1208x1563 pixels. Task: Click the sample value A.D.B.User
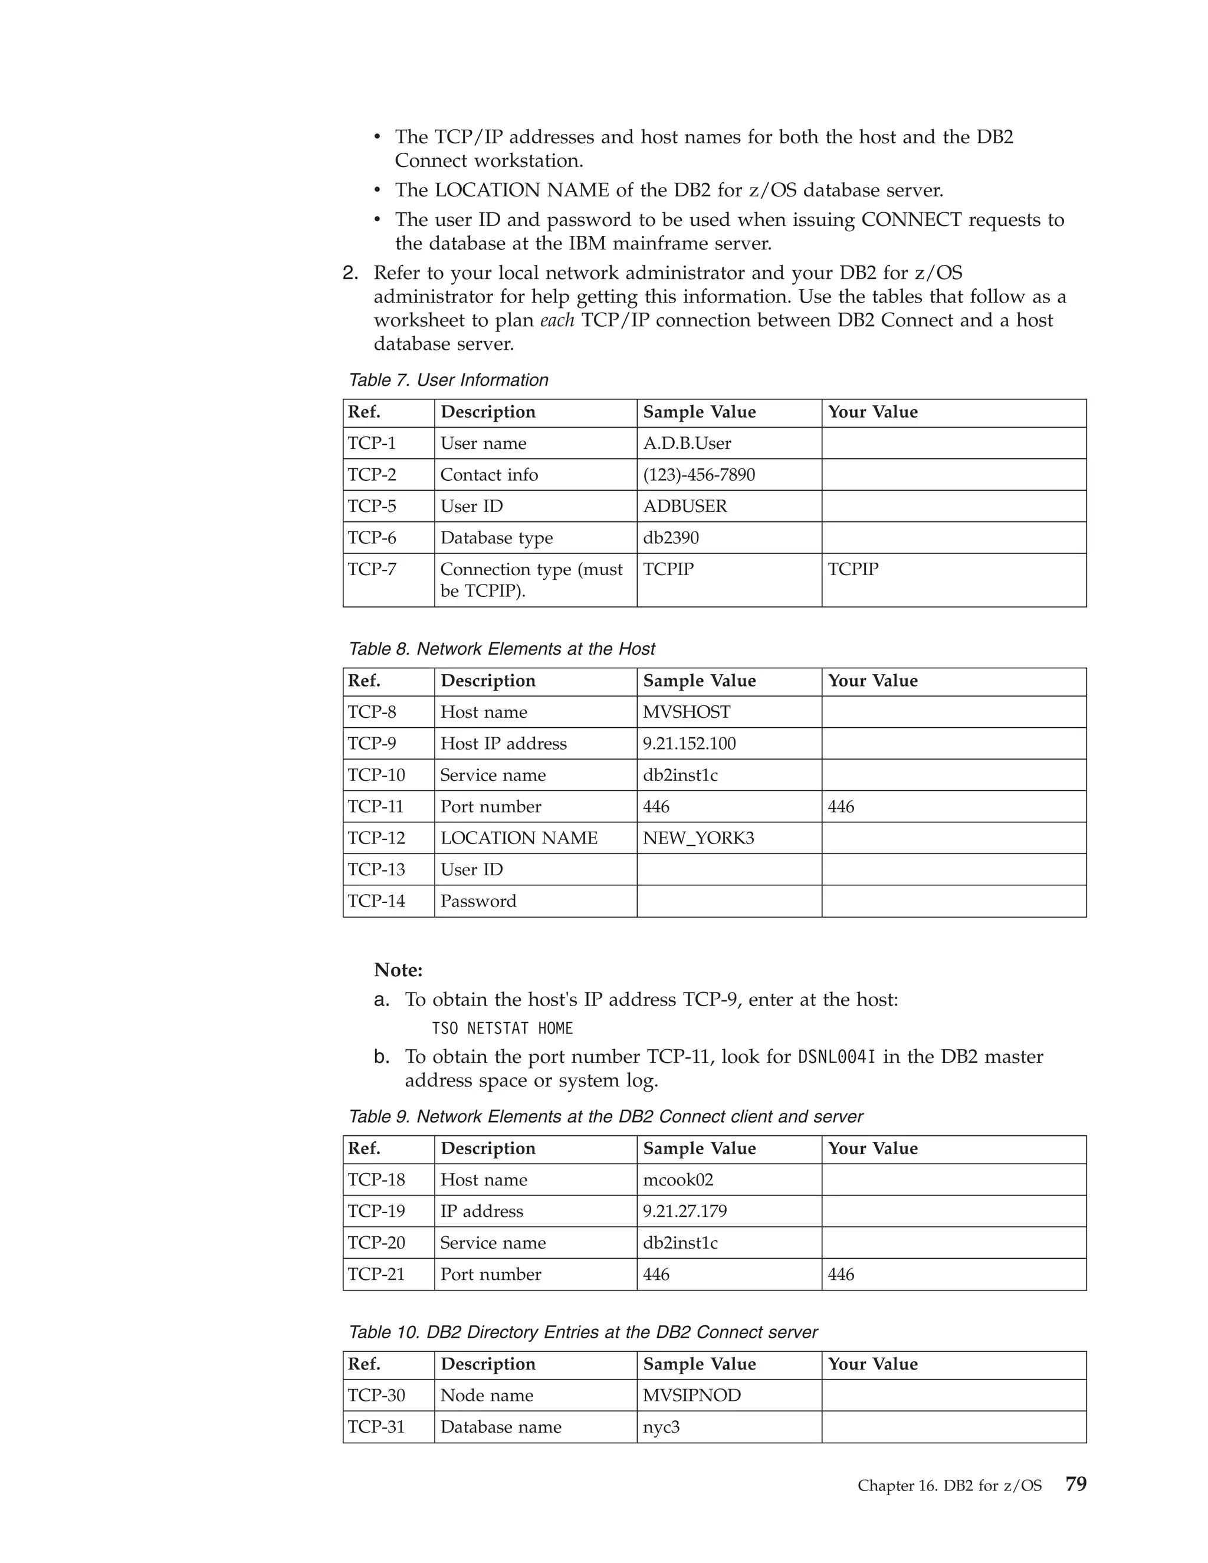687,444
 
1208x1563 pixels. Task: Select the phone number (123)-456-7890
698,475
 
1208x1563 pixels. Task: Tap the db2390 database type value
671,538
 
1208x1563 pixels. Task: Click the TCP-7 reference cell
372,570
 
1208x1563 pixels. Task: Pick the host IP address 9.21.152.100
689,744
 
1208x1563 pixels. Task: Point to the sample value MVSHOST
687,713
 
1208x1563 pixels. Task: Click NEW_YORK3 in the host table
698,839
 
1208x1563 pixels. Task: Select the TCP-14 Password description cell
478,902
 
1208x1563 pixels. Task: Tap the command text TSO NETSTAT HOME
503,1029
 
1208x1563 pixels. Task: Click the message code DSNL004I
836,1058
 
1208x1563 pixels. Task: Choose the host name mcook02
678,1180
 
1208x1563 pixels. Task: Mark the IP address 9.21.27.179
685,1211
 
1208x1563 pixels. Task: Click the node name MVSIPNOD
692,1395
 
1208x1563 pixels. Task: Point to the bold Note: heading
398,970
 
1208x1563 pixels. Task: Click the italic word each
557,321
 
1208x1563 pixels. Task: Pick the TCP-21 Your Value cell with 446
841,1275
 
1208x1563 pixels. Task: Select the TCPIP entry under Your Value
853,570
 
